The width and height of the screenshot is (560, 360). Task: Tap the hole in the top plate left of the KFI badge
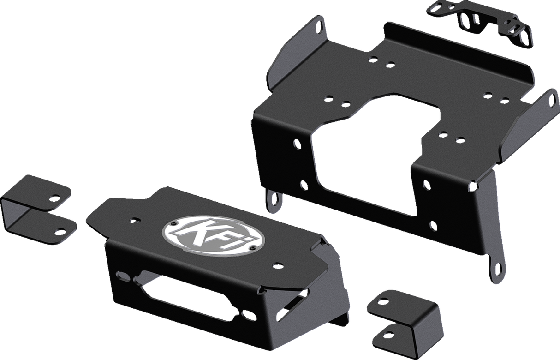click(x=134, y=220)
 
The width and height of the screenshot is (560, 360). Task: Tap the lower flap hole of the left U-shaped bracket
click(x=59, y=229)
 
